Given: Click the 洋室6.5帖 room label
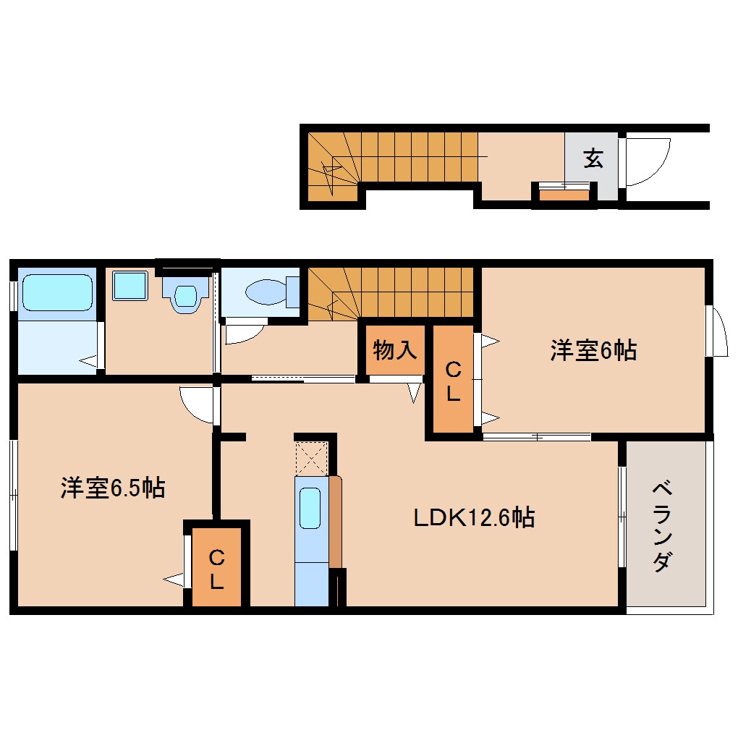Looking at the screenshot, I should tap(112, 488).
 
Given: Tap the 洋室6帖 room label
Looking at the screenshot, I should tap(593, 351).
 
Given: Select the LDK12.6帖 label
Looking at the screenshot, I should tap(474, 517).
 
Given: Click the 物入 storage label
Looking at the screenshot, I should tap(394, 351).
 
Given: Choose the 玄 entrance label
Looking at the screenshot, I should tap(593, 158).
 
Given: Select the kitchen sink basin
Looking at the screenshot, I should tap(310, 508).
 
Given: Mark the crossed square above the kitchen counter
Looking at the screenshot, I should tap(312, 457).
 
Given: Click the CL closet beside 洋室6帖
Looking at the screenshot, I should tap(453, 382).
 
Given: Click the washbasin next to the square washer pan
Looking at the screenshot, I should tap(186, 297).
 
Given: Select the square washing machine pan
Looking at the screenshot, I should tap(130, 287).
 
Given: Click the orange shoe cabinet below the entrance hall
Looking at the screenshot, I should tap(564, 194).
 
